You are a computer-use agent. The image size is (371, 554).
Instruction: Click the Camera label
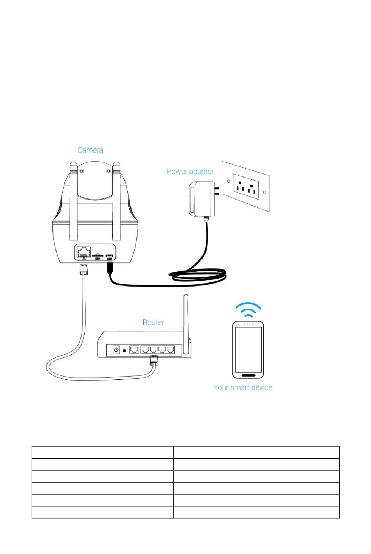[x=90, y=150]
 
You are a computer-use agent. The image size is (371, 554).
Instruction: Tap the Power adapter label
[x=190, y=171]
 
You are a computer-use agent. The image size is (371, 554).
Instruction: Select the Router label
[x=153, y=322]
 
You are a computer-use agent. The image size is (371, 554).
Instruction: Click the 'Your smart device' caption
[x=243, y=388]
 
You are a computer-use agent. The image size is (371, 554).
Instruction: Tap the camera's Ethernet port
[x=83, y=251]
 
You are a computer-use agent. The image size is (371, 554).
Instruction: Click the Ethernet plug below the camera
[x=83, y=270]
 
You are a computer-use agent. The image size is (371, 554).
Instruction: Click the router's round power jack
[x=116, y=350]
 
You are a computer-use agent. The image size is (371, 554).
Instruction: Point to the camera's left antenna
[x=73, y=203]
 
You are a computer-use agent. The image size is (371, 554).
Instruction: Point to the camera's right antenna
[x=116, y=203]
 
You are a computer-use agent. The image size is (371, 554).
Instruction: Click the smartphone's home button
[x=248, y=376]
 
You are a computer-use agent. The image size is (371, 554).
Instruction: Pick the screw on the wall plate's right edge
[x=264, y=192]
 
